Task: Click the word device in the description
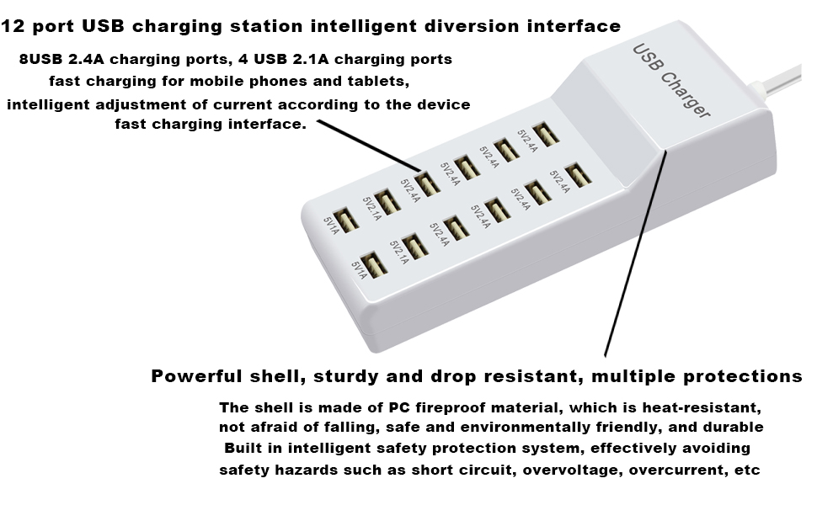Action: [x=439, y=104]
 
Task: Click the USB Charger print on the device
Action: [x=671, y=82]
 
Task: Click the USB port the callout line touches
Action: [x=426, y=183]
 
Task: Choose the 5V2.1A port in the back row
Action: [x=387, y=200]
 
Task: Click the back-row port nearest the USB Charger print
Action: [x=546, y=133]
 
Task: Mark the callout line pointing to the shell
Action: [x=633, y=252]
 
